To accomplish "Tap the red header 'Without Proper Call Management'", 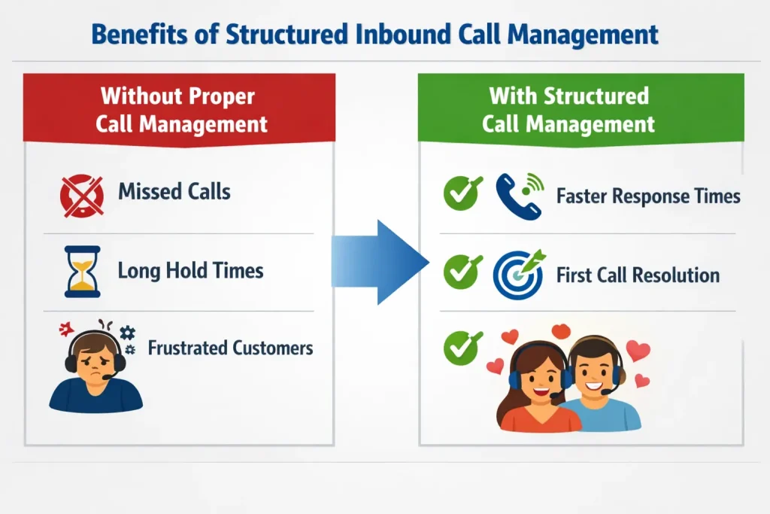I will click(x=179, y=109).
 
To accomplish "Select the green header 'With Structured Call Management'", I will click(x=568, y=109).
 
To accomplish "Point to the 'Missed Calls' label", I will click(x=174, y=191).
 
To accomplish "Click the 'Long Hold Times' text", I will click(x=190, y=270).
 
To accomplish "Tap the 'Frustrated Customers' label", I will click(x=230, y=348).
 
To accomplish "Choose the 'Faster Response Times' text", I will click(x=648, y=196).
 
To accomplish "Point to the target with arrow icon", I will click(x=519, y=275).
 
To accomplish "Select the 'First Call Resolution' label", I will click(x=638, y=275).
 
